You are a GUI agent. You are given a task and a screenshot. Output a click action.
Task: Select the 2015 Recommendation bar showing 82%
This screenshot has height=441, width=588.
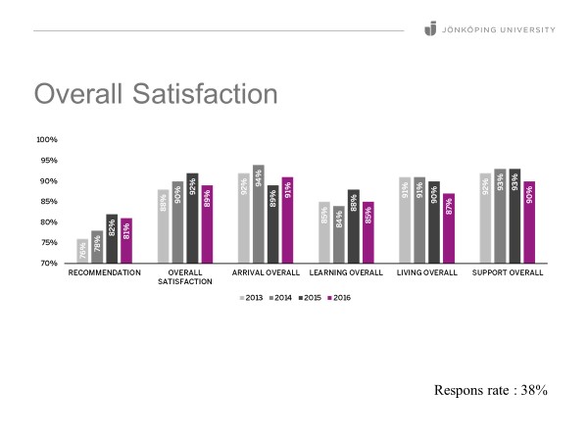pos(111,239)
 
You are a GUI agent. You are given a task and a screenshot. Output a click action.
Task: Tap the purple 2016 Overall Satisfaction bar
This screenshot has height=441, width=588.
pos(206,224)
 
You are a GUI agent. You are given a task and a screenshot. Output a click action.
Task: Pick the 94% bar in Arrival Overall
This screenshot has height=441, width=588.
pos(259,214)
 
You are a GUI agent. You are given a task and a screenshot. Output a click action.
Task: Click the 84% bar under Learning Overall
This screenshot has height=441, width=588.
pos(339,234)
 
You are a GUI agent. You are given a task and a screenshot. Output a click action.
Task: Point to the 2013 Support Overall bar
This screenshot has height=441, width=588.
pos(485,218)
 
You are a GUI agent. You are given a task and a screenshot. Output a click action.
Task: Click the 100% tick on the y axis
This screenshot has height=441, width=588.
pos(47,139)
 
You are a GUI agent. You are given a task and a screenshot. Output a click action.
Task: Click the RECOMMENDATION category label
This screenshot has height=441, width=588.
pos(104,271)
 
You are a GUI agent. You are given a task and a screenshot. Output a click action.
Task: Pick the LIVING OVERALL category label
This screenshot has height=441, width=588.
pos(427,271)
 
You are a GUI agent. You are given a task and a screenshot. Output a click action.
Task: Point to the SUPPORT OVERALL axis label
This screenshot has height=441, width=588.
pos(508,271)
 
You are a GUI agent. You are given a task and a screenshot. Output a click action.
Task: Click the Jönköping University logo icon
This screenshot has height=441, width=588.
pos(429,29)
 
